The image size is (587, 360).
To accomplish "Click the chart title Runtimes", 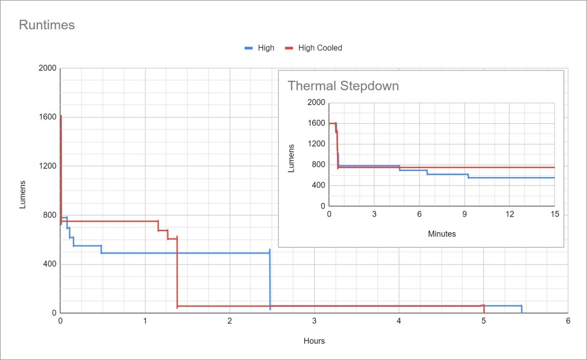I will click(x=47, y=25).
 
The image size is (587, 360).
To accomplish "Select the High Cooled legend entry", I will click(x=320, y=48).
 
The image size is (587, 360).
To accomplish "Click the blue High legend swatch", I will click(x=249, y=48).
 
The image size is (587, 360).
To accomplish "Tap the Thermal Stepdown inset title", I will click(x=343, y=86).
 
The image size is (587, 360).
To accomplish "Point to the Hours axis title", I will click(x=314, y=341).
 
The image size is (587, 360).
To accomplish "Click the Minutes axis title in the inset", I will click(x=441, y=234).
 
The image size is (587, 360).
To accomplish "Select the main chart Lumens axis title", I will click(x=23, y=194).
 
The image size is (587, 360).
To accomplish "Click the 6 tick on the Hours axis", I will click(x=568, y=322).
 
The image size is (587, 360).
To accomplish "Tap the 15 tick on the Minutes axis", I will click(x=554, y=214).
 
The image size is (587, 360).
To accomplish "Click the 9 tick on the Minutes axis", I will click(x=464, y=214).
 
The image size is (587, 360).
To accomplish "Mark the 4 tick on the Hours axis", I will click(x=399, y=322).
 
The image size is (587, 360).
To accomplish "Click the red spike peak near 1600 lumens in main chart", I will click(x=61, y=117).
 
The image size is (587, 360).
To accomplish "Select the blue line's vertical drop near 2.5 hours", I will click(x=270, y=281).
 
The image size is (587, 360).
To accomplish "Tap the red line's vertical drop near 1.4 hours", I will click(x=177, y=275).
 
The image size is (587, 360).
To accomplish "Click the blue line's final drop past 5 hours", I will click(x=522, y=310).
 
